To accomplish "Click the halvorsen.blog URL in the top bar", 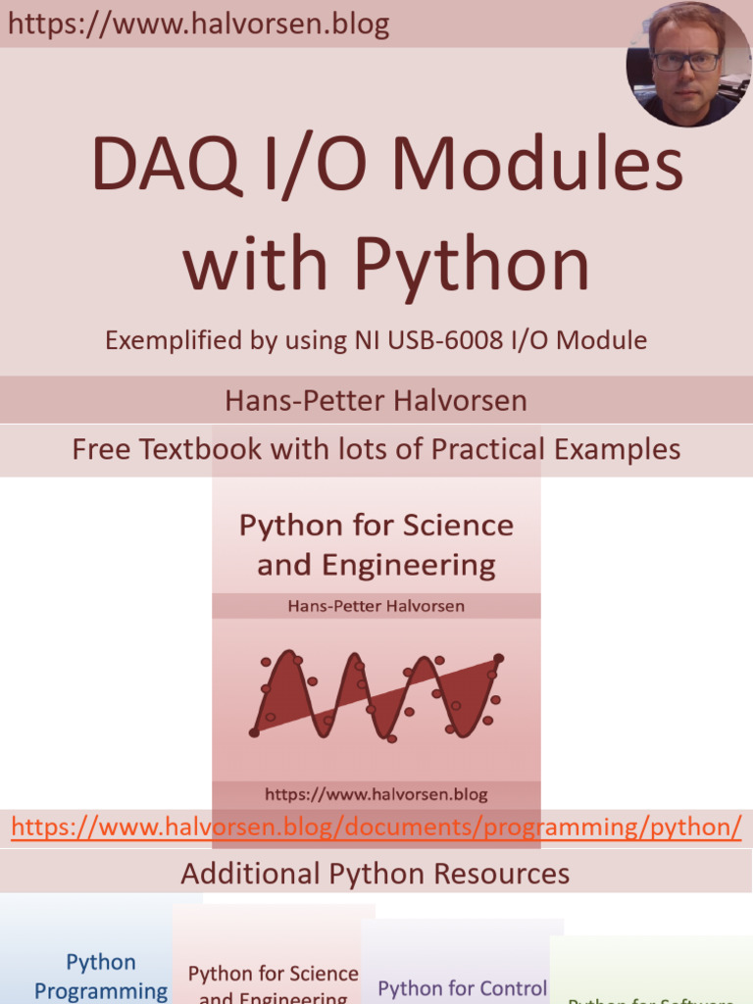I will click(199, 25).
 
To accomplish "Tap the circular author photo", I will click(688, 65).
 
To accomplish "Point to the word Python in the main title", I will click(472, 265).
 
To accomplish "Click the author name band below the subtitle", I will click(376, 400).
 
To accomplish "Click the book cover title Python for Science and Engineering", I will click(376, 544).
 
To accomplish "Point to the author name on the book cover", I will click(376, 606).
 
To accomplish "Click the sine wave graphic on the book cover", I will click(376, 694).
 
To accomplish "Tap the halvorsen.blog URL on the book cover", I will click(376, 794).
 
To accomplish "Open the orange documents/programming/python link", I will click(376, 827).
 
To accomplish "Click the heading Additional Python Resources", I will click(376, 873).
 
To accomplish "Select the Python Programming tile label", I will click(101, 977).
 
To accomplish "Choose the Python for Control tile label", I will click(463, 987).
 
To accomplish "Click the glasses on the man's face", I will click(686, 61).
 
